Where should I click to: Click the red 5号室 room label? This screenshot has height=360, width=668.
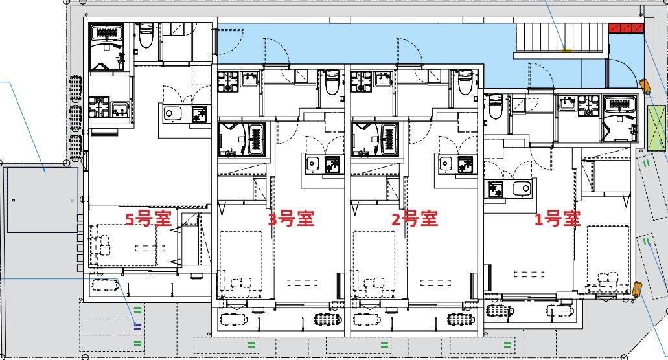148,219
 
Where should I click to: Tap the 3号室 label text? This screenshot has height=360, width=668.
291,219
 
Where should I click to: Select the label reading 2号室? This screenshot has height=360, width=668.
414,219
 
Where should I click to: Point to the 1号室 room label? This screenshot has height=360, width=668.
557,219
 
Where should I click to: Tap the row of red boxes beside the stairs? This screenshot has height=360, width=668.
626,27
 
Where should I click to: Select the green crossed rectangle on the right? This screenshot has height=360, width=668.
657,127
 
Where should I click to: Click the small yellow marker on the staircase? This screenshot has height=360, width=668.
566,49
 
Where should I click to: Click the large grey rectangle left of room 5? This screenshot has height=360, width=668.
42,199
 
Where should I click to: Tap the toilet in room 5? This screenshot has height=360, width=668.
145,37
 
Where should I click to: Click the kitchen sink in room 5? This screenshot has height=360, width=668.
173,114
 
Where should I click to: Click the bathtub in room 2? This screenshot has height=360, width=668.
373,139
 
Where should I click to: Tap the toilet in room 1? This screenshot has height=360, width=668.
494,106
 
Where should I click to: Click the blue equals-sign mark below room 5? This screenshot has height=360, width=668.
137,326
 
